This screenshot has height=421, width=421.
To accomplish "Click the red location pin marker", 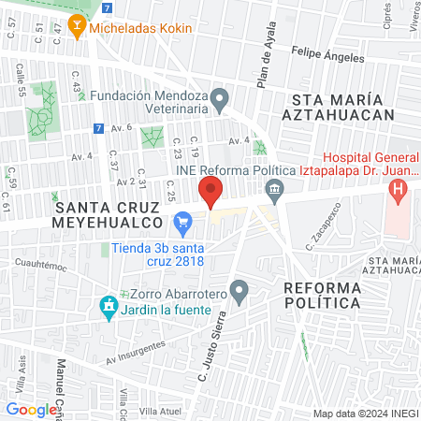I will click(x=210, y=193).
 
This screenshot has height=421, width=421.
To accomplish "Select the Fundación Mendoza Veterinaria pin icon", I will click(x=219, y=97).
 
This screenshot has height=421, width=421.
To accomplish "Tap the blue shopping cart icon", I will click(x=182, y=224).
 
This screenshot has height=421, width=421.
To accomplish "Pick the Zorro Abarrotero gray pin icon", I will click(x=240, y=292).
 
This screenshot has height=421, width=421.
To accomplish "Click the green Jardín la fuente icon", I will click(x=109, y=307).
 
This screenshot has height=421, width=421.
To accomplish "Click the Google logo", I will click(x=31, y=410).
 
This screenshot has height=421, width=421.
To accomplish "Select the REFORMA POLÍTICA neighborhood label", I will click(x=322, y=295).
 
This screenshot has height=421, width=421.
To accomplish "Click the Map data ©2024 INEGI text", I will click(x=365, y=413).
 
